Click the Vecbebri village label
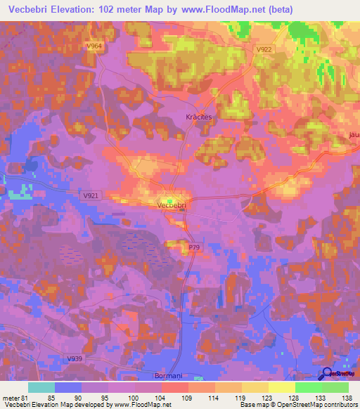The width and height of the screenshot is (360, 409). [x=172, y=206]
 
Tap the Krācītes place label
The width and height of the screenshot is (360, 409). [x=198, y=118]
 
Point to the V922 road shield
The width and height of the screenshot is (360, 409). [x=264, y=49]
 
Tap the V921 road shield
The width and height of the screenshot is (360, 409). [x=90, y=195]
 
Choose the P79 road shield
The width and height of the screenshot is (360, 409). [x=194, y=248]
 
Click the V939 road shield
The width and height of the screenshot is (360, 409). [x=75, y=360]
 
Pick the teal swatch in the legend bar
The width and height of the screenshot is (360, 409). [x=41, y=387]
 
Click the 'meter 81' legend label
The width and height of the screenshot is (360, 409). [x=14, y=396]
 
